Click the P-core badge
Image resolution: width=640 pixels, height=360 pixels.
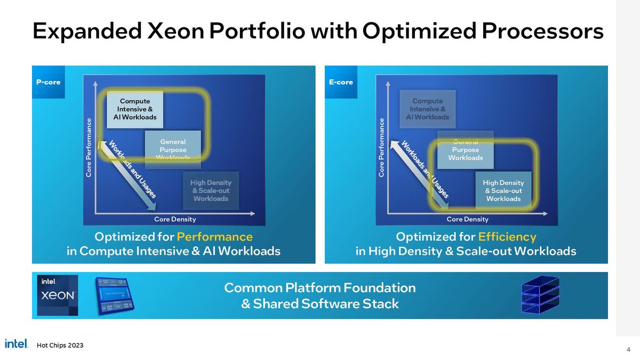click(48, 82)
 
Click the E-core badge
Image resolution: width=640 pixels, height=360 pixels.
click(340, 82)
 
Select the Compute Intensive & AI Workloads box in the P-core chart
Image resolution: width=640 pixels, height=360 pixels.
click(135, 109)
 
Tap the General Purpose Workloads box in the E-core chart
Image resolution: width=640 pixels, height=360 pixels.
click(465, 150)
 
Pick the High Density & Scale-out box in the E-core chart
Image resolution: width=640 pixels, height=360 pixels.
click(503, 190)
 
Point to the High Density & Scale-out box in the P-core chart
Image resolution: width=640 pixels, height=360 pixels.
click(211, 190)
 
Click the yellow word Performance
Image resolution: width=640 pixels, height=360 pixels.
click(214, 236)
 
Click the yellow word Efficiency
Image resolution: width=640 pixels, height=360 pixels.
click(507, 236)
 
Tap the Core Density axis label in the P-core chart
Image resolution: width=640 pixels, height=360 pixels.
click(175, 219)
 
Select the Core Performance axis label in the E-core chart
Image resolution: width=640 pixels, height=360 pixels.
click(381, 148)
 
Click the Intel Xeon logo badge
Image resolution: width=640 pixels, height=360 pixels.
click(58, 295)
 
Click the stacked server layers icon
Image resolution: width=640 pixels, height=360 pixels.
click(540, 295)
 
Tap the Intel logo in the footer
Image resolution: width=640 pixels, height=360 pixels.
click(16, 344)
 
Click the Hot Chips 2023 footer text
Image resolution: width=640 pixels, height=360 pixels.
click(60, 345)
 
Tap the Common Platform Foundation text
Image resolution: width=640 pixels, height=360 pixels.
click(319, 288)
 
